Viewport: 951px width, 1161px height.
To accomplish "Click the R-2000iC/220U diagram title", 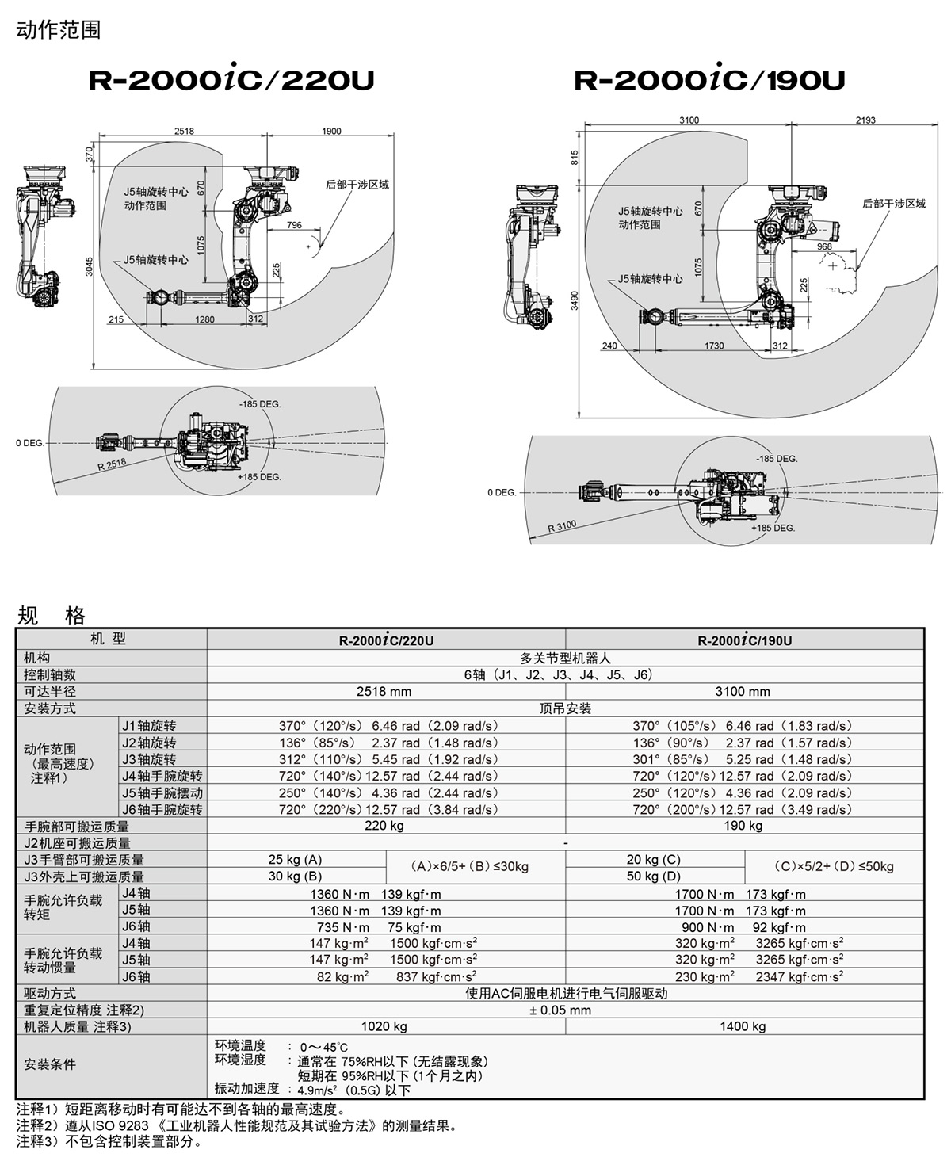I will tap(231, 80).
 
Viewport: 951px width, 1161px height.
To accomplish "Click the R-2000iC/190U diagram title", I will tap(709, 80).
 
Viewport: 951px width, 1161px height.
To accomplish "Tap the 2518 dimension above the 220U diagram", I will tap(185, 132).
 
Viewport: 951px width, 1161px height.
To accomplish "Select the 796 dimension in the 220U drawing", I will tap(294, 225).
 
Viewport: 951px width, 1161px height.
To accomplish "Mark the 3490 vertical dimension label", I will tap(575, 300).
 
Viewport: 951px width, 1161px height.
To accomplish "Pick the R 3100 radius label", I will tap(562, 525).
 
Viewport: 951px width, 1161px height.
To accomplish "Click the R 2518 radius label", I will tap(112, 465).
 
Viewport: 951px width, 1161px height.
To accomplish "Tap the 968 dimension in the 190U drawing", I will tap(824, 246).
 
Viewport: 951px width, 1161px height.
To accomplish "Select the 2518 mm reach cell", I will tap(385, 691).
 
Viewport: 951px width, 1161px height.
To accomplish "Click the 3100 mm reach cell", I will tap(743, 691).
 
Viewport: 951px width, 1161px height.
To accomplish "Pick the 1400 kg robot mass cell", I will tap(743, 1026).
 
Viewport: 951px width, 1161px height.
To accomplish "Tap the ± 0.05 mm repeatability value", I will tap(565, 1010).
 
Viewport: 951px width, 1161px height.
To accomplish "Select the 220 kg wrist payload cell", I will tap(385, 826).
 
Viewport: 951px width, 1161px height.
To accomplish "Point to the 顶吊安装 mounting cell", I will tap(565, 708).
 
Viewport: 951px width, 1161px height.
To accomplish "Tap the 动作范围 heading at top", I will tap(59, 30).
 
